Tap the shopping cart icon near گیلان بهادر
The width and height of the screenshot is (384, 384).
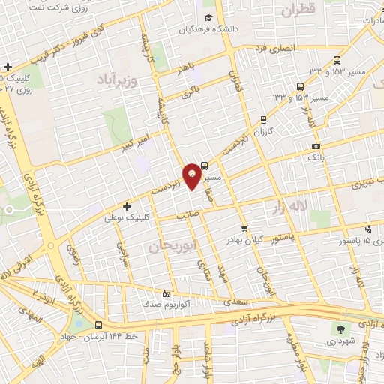point(244,229)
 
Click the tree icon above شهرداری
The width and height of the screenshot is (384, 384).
point(339,328)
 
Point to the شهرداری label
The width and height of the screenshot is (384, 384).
point(339,341)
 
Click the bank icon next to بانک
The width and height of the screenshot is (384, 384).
point(316,146)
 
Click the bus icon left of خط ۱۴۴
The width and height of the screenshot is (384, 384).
point(99,325)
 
